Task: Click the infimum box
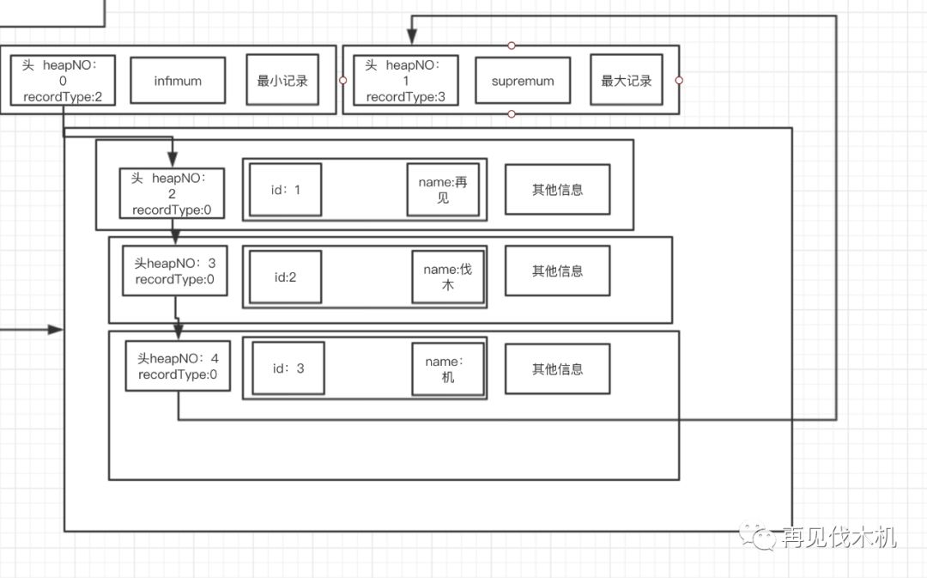pyautogui.click(x=178, y=81)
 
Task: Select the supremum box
pyautogui.click(x=523, y=81)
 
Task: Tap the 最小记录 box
pyautogui.click(x=282, y=81)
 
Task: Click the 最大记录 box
pyautogui.click(x=626, y=81)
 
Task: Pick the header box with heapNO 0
pyautogui.click(x=64, y=81)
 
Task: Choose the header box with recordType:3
pyautogui.click(x=406, y=81)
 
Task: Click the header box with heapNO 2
pyautogui.click(x=172, y=194)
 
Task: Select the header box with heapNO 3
pyautogui.click(x=174, y=271)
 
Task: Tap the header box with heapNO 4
pyautogui.click(x=178, y=366)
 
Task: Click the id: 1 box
pyautogui.click(x=286, y=190)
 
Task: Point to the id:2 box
pyautogui.click(x=286, y=277)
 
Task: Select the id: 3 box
pyautogui.click(x=288, y=368)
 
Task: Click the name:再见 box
pyautogui.click(x=443, y=190)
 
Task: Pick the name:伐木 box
pyautogui.click(x=447, y=277)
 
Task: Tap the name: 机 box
pyautogui.click(x=447, y=369)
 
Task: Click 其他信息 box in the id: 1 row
pyautogui.click(x=557, y=190)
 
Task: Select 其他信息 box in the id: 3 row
pyautogui.click(x=557, y=369)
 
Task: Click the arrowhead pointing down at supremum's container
pyautogui.click(x=412, y=37)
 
